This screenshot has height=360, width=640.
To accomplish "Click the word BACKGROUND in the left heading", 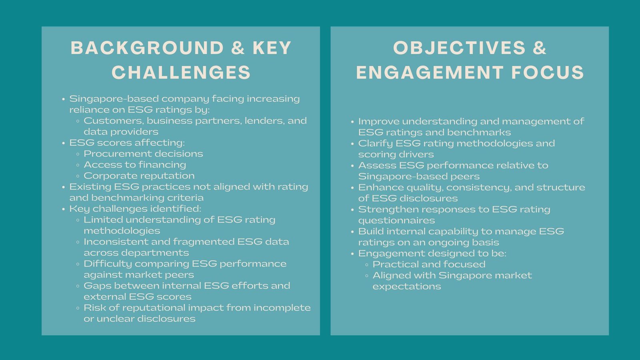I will (147, 48).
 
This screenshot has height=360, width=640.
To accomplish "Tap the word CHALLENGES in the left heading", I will (181, 73).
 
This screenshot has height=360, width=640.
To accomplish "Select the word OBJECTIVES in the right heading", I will (459, 48).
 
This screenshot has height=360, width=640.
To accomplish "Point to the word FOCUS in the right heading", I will (548, 73).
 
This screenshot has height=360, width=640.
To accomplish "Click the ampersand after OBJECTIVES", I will (539, 48).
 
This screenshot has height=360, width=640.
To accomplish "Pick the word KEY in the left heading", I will (272, 48).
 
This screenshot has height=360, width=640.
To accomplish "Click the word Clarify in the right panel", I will (375, 143).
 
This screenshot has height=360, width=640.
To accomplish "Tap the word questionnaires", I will (396, 220).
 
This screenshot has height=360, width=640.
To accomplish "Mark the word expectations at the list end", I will (407, 286).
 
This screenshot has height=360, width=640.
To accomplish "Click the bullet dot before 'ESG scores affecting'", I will (63, 143).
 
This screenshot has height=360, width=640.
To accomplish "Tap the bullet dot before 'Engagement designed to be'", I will (352, 254).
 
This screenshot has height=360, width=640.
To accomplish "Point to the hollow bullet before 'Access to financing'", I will (78, 165).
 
